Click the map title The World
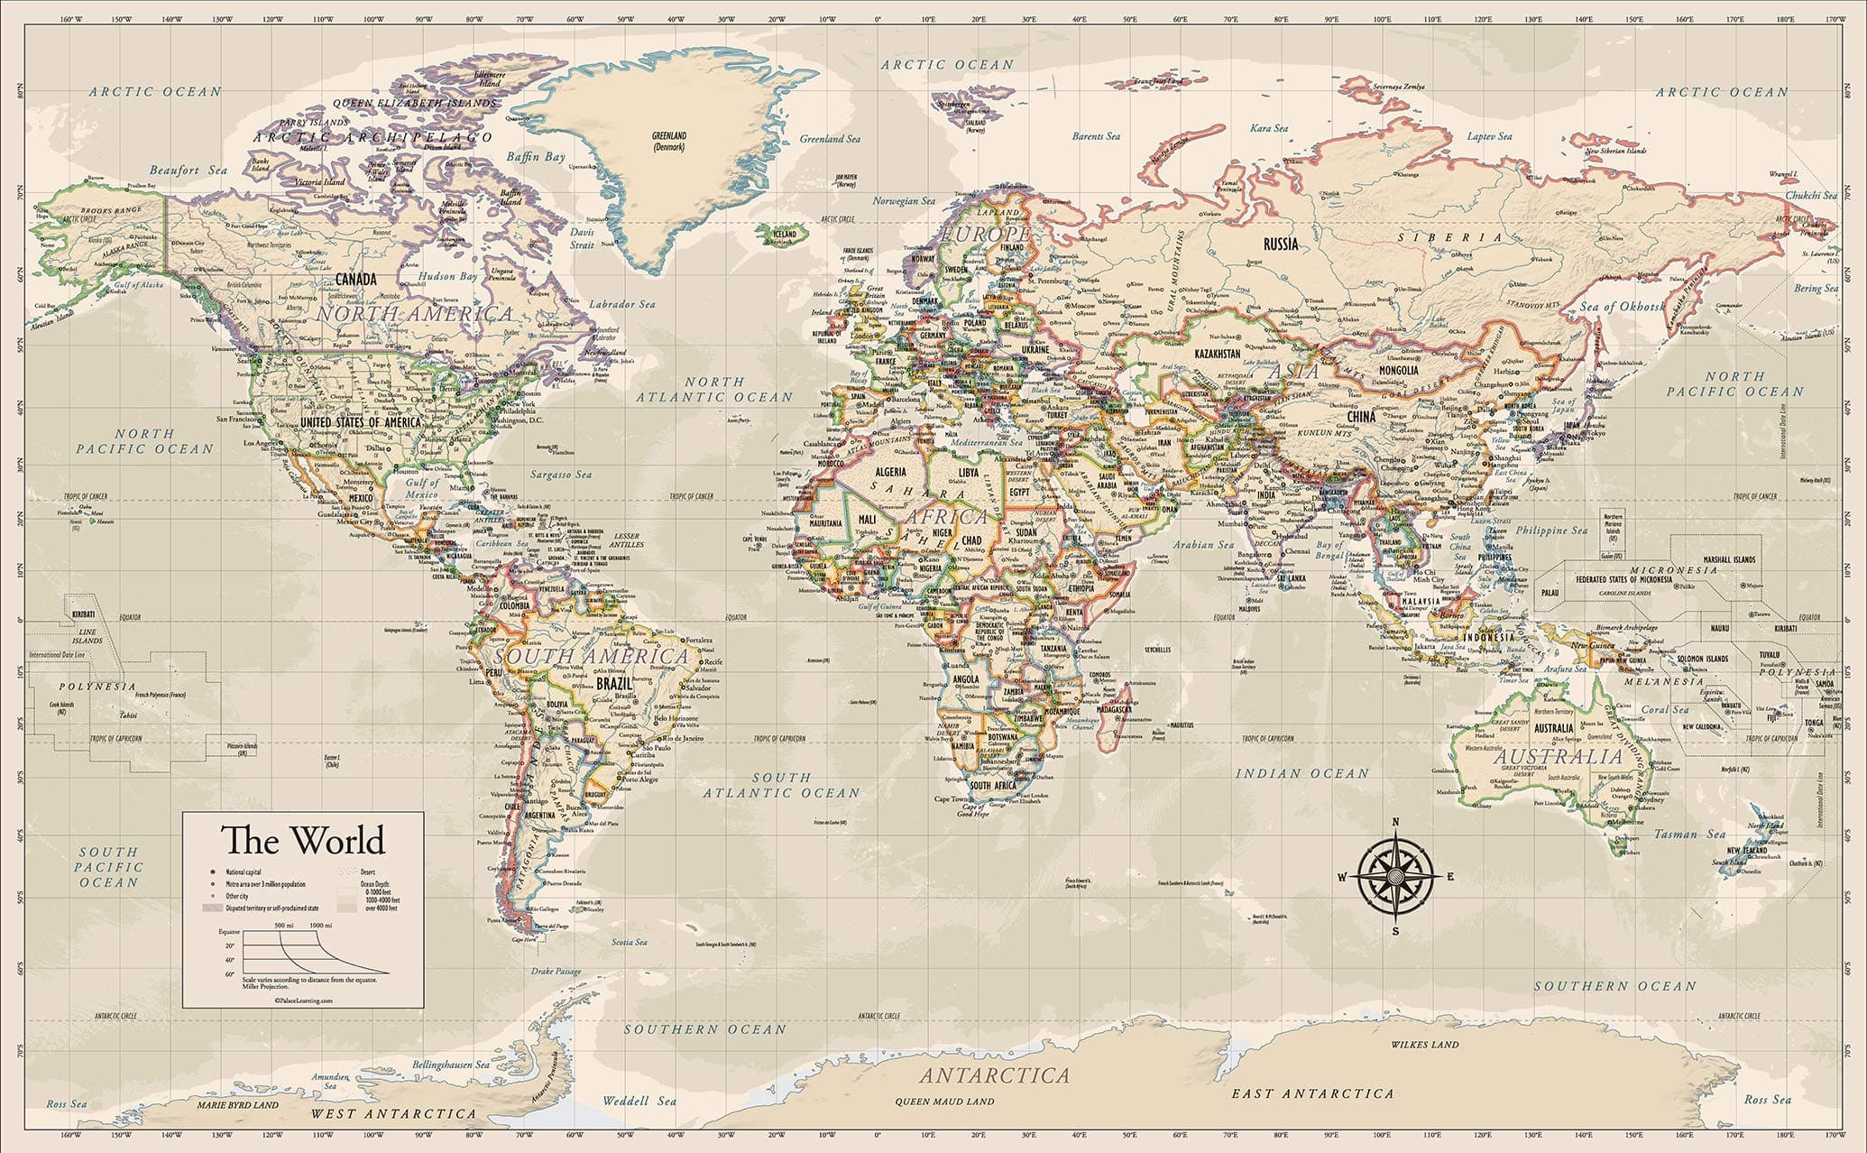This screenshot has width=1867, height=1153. tap(304, 840)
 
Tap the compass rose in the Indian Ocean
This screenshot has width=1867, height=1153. tap(1395, 876)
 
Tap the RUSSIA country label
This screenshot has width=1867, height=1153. tap(1280, 244)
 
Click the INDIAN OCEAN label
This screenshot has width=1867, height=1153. tap(1301, 773)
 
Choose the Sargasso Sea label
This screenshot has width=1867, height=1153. tap(561, 474)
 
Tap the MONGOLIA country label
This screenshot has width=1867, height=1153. tap(1398, 370)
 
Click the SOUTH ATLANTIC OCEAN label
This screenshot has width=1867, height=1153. tap(782, 785)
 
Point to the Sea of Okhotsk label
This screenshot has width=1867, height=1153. tap(1623, 307)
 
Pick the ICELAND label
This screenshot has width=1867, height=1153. tap(785, 235)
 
